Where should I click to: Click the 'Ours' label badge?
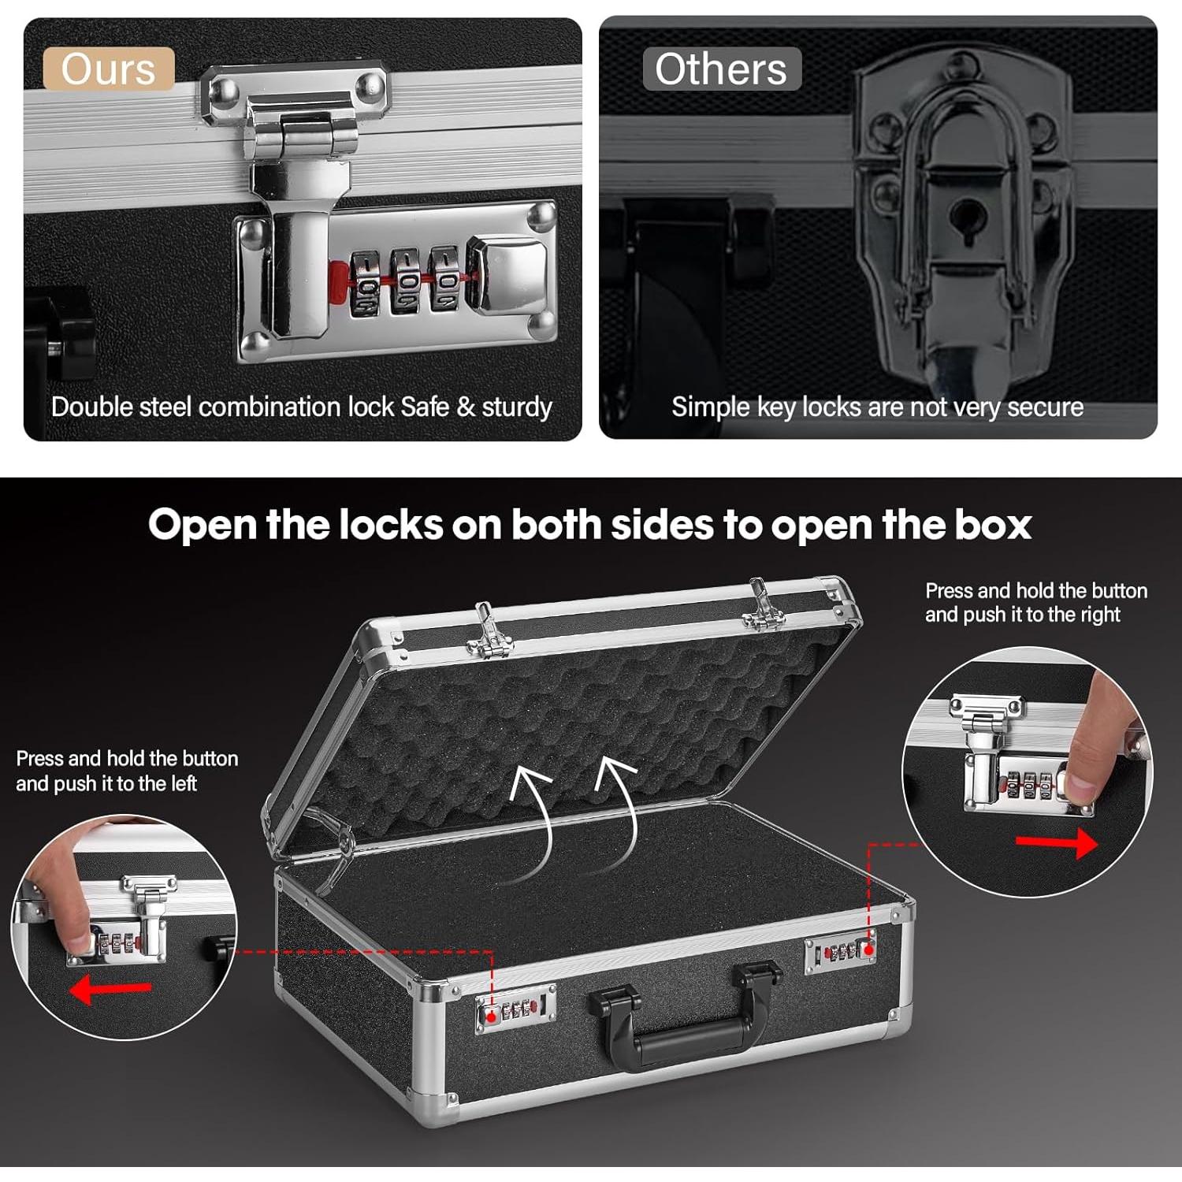pyautogui.click(x=108, y=69)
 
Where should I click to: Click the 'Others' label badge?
pyautogui.click(x=721, y=69)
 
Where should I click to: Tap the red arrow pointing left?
pyautogui.click(x=110, y=991)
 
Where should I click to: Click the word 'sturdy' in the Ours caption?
pyautogui.click(x=516, y=407)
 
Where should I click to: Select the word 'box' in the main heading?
pyautogui.click(x=993, y=524)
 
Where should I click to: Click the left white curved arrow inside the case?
pyautogui.click(x=536, y=820)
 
